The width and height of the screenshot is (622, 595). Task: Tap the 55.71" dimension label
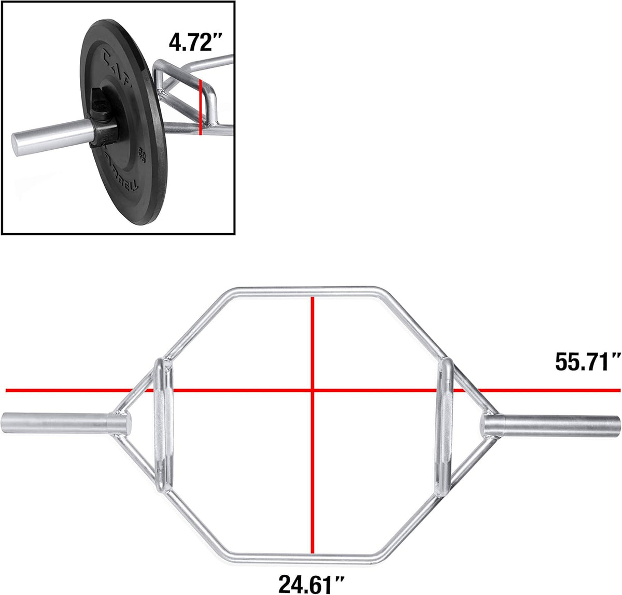tap(588, 361)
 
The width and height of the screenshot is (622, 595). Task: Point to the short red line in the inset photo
tap(200, 106)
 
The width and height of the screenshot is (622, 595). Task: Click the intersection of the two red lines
tap(312, 390)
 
